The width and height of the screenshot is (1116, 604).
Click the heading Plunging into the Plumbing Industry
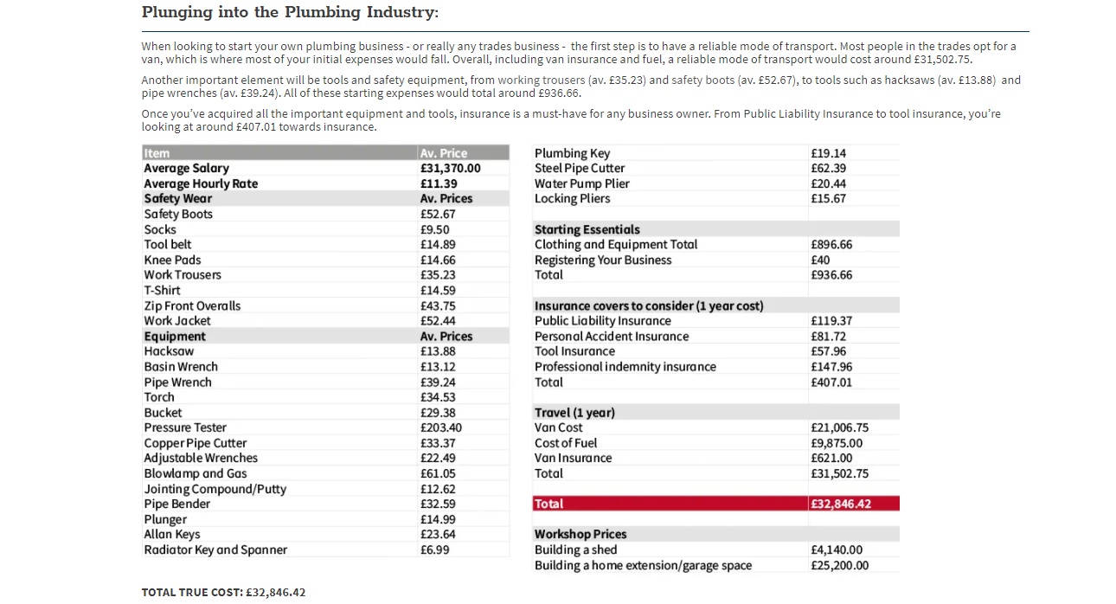(x=290, y=12)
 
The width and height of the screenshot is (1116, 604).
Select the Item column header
(x=157, y=153)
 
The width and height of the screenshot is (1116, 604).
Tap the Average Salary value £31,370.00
(x=450, y=169)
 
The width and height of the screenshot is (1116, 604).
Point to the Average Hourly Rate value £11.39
(x=439, y=183)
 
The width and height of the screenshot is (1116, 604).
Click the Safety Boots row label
(x=178, y=214)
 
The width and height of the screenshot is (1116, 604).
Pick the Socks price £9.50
(x=435, y=229)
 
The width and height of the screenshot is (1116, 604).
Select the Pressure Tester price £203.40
(x=441, y=427)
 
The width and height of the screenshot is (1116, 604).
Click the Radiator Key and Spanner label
(x=215, y=549)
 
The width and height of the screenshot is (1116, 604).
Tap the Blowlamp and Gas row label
(x=196, y=473)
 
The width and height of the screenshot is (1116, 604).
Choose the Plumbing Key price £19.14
(x=828, y=153)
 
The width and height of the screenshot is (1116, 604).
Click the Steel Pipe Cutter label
(x=580, y=168)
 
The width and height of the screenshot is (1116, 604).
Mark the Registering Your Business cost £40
(x=820, y=260)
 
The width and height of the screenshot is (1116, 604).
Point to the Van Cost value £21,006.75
(x=839, y=427)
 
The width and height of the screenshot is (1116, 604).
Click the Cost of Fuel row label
(x=566, y=443)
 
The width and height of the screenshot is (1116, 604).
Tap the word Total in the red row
(x=548, y=504)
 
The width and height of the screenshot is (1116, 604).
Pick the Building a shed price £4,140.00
(x=837, y=549)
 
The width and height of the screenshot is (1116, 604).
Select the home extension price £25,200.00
(x=840, y=565)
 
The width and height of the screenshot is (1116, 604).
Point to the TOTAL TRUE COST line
(x=223, y=592)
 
